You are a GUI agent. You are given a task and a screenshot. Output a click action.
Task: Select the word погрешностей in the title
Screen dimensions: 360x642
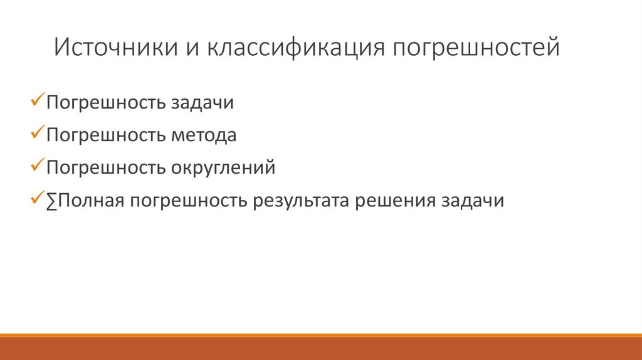pyautogui.click(x=476, y=48)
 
